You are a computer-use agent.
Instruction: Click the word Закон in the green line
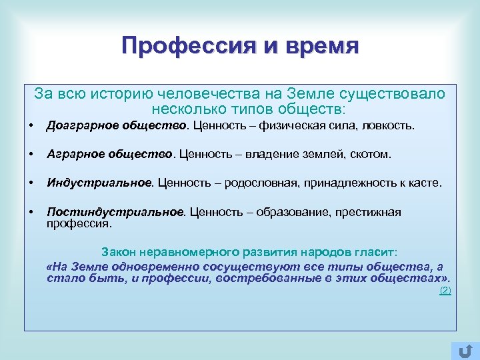click(x=117, y=253)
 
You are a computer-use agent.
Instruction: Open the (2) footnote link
click(x=445, y=291)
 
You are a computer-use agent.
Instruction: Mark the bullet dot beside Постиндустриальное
click(x=31, y=212)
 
